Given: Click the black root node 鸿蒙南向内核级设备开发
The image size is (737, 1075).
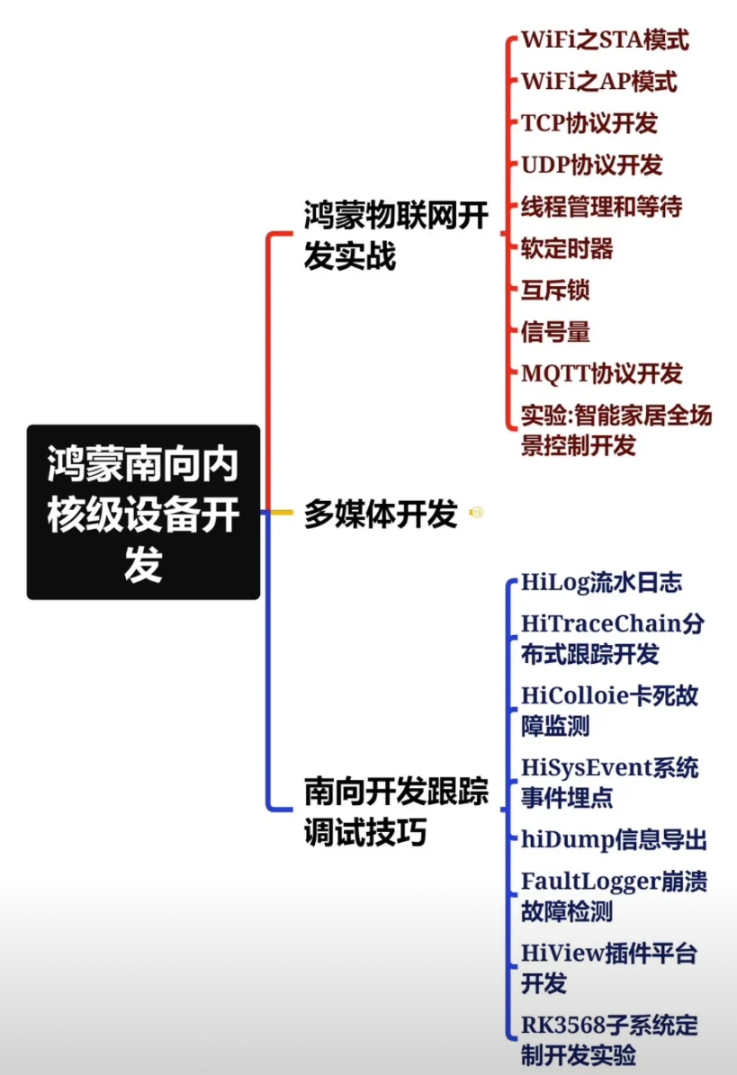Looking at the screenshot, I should tap(143, 512).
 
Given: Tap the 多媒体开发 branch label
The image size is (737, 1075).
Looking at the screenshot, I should tap(380, 515).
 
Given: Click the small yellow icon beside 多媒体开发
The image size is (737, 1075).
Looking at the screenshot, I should tap(476, 513).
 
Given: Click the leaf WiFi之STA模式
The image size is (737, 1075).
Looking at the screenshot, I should tap(605, 40).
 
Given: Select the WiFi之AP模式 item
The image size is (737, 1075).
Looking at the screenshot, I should tap(598, 81).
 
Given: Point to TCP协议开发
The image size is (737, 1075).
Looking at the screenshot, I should tap(589, 123).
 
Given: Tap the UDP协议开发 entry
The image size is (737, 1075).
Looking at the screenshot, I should tap(591, 165).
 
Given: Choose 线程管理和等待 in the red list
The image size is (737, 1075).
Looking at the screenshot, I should tap(601, 207).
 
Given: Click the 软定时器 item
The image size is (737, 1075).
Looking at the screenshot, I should tap(555, 248).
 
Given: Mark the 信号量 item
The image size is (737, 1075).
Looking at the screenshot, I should tap(555, 332).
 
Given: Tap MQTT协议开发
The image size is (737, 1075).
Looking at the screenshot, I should tap(602, 373).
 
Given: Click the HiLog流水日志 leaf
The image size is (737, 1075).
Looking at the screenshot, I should tap(601, 582).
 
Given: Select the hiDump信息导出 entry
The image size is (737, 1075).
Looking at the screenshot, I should tap(614, 839).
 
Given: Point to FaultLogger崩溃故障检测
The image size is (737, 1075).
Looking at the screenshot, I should tap(614, 896).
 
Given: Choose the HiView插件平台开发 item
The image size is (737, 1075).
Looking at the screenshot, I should tap(609, 968).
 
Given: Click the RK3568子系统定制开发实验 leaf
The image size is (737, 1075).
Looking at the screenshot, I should tap(609, 1040).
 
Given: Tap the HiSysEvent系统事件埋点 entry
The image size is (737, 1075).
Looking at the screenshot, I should tap(609, 782).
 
